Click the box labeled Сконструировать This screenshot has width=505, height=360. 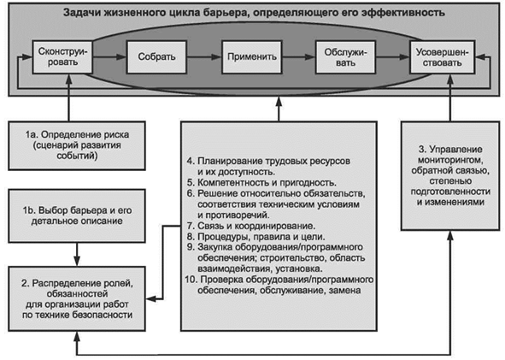point(62,56)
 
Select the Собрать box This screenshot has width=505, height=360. point(156,56)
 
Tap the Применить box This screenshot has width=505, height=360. point(252,56)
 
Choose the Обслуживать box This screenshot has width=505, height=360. point(345,56)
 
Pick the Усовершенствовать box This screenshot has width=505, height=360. point(443,56)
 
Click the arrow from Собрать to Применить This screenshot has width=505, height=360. point(204,57)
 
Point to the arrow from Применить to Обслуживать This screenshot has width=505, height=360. point(299,57)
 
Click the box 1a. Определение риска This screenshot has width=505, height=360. point(77,145)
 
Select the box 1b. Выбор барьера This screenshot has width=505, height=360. point(77,216)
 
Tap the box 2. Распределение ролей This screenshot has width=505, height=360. point(77,298)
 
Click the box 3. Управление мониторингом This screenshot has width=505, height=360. point(450,175)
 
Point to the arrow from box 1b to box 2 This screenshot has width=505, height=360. point(77,254)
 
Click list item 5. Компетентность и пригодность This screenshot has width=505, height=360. point(261,183)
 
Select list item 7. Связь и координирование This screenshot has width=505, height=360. point(251,226)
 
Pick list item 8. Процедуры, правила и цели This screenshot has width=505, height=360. point(256,237)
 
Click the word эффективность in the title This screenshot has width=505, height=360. point(403,13)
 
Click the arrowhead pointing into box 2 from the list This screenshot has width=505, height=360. point(151,298)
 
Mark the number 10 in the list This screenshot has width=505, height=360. point(191,280)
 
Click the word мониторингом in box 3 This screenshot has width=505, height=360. point(450,160)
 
